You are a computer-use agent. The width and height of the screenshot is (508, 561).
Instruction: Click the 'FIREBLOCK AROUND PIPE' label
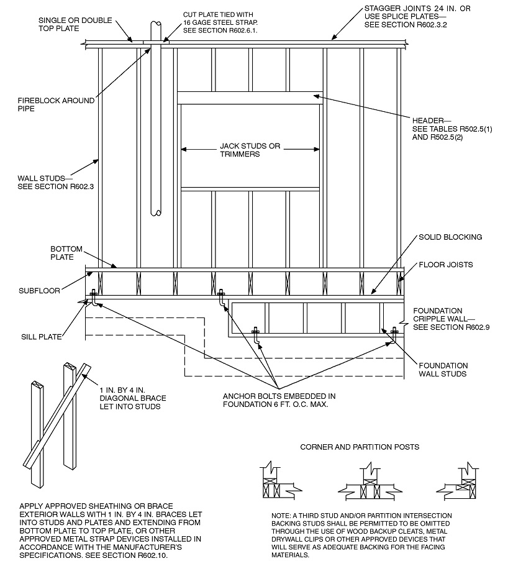[x=56, y=104]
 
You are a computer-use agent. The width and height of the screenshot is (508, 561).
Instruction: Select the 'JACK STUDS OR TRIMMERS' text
[x=250, y=150]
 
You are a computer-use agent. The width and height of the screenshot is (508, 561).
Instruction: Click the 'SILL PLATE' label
[x=40, y=337]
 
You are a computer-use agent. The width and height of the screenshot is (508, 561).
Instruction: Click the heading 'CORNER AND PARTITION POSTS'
[x=359, y=447]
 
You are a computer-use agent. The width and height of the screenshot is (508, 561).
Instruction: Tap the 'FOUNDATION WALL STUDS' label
[x=443, y=370]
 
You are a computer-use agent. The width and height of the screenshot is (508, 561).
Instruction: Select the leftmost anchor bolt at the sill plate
[x=93, y=298]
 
